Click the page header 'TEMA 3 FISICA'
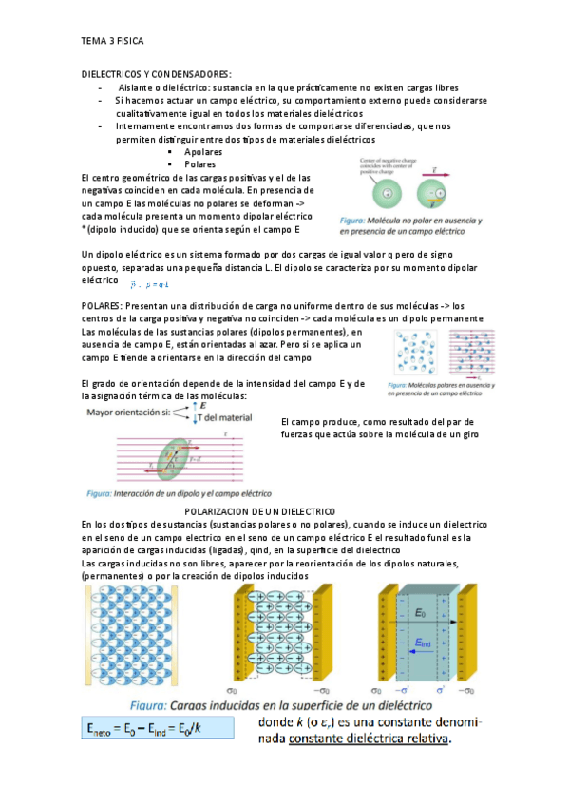tap(112, 42)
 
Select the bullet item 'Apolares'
tap(203, 152)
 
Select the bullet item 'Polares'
tap(199, 164)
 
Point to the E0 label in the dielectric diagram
tap(420, 613)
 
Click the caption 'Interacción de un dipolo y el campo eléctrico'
tap(179, 494)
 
